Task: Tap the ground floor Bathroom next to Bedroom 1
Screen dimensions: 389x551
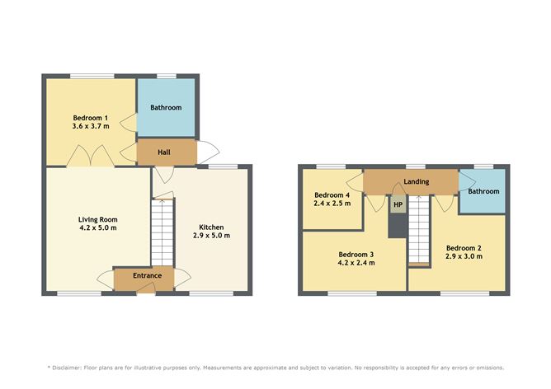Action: coord(166,108)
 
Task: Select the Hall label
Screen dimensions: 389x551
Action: coord(164,152)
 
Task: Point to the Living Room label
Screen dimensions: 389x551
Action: coord(97,219)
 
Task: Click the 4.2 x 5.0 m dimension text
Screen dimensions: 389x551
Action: coord(97,228)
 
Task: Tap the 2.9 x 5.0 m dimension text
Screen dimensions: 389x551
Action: coord(211,236)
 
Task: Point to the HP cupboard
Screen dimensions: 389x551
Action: coord(398,204)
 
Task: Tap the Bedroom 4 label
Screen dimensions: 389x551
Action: coord(332,195)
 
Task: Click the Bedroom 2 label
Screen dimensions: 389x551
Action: coord(463,248)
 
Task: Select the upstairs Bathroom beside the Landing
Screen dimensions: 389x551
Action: coord(483,191)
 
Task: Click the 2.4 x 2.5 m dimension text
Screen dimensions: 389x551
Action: coord(332,204)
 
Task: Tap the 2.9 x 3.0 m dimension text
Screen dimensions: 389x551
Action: coord(463,257)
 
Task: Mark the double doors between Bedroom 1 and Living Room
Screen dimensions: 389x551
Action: coord(88,157)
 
